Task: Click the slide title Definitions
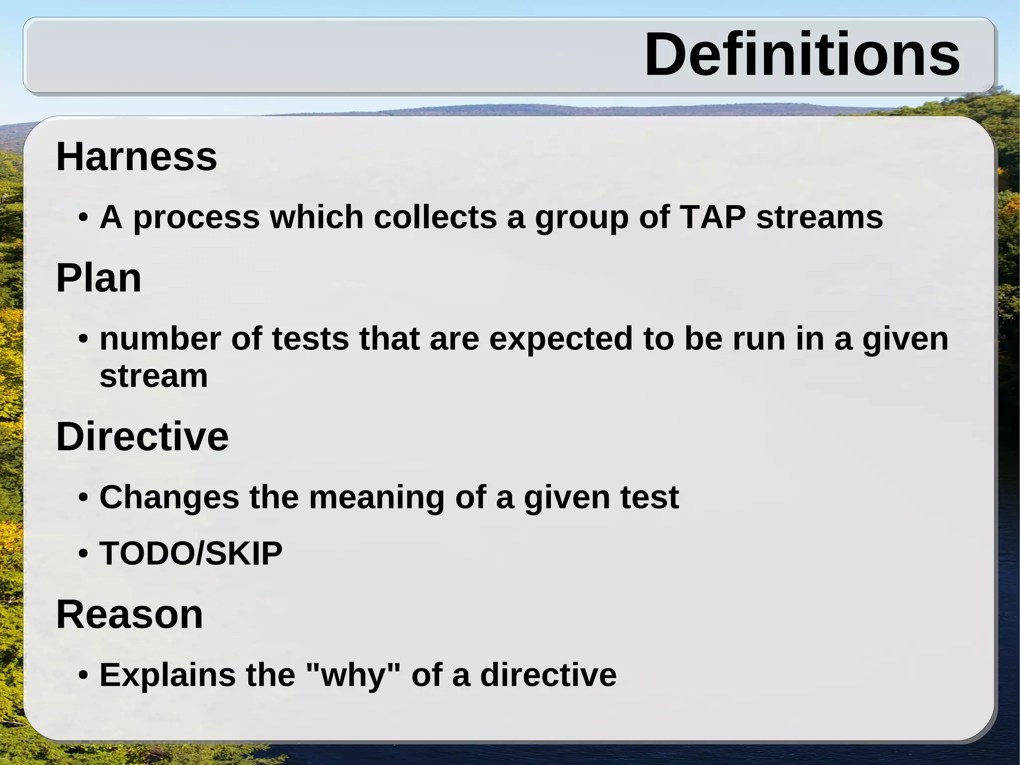802,54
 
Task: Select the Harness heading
136,157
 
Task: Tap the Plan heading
99,278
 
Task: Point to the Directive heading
142,437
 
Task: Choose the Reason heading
129,614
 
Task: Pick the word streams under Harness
819,217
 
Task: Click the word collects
435,217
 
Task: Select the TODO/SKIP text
191,553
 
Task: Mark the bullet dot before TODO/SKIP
84,554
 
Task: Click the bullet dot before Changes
84,498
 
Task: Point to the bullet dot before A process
84,218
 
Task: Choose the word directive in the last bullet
548,675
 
